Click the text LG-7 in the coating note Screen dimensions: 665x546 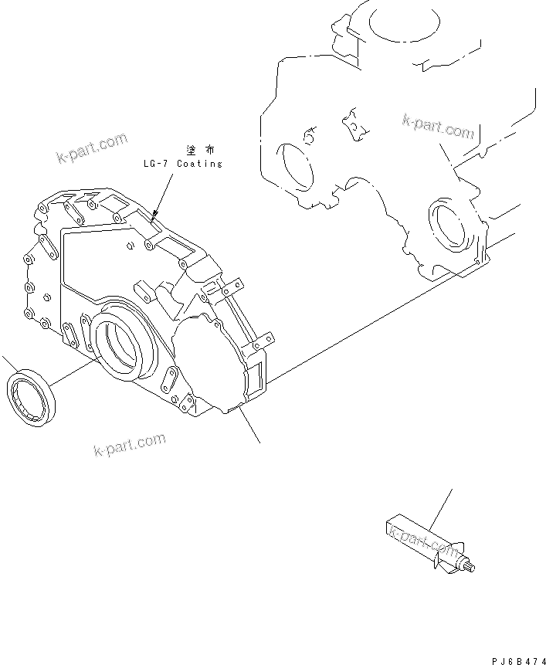[x=156, y=164]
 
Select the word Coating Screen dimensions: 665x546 [x=199, y=164]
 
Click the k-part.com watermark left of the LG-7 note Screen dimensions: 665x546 [x=91, y=149]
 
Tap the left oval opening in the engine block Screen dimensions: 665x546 [x=297, y=166]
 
